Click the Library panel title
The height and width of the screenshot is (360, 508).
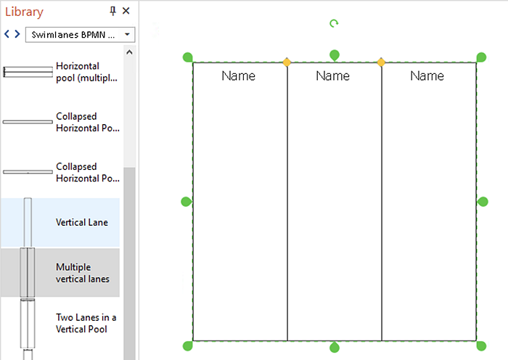point(24,12)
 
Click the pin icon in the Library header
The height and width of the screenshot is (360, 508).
point(112,11)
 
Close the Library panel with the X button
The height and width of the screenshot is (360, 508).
point(126,11)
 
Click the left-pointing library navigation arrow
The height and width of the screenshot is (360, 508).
point(7,33)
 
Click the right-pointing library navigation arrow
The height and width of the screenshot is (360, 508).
point(17,33)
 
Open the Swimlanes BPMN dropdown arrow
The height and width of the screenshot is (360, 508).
point(127,34)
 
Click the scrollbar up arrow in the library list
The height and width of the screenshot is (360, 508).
point(129,52)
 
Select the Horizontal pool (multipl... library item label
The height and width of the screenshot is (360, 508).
point(86,72)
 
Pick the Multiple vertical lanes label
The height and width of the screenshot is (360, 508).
point(82,273)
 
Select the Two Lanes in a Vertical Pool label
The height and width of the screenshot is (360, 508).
point(86,323)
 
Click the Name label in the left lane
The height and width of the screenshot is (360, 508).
point(239,75)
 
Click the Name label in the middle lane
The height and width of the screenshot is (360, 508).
point(332,75)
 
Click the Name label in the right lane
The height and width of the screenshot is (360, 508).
point(427,75)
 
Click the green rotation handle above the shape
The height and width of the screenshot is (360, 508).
point(334,23)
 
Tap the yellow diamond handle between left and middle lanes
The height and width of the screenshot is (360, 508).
point(287,62)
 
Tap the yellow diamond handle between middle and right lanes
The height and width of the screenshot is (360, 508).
point(381,62)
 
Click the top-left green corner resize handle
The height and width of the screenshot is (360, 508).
point(188,57)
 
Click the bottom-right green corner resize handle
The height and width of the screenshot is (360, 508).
point(481,345)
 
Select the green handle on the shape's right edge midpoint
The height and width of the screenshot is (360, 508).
point(483,202)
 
